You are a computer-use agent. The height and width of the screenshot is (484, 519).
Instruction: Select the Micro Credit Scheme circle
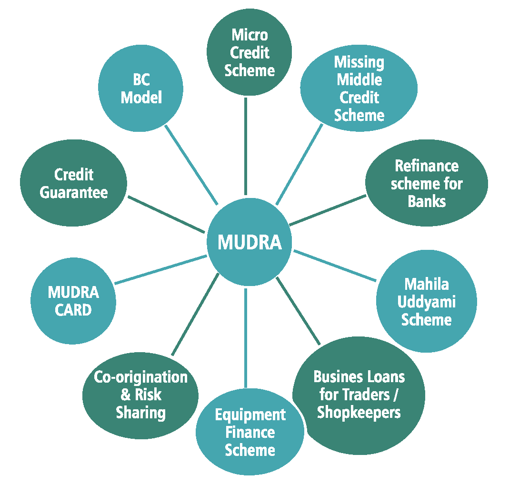coord(250,52)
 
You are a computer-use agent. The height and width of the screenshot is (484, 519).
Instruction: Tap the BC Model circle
coord(141,89)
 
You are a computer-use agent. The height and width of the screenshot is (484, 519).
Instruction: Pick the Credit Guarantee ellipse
coord(73,183)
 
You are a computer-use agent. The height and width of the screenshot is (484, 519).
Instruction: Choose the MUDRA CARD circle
coord(73,301)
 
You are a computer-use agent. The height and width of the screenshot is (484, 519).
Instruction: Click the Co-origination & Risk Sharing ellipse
coord(140,395)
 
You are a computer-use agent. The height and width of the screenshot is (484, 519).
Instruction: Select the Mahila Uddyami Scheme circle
coord(426,302)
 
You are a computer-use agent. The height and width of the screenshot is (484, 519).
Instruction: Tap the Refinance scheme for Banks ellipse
coord(427,183)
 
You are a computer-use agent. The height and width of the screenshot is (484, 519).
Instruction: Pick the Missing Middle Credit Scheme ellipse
coord(359,89)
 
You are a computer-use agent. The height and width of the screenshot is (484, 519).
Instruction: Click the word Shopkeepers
coord(359,412)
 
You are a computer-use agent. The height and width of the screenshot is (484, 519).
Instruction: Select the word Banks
coord(427,201)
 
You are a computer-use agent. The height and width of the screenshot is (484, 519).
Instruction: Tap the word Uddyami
coord(427,302)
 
